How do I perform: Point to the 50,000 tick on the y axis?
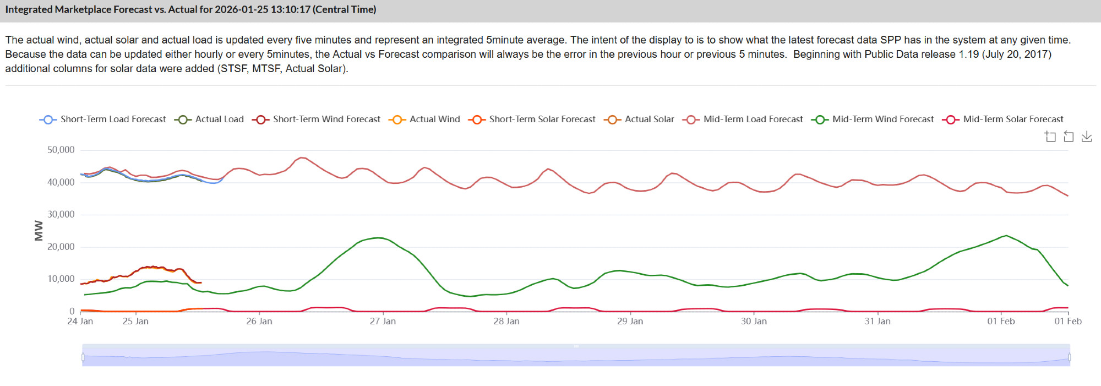(x=61, y=150)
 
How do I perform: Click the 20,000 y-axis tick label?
(x=61, y=247)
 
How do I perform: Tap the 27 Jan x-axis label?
(x=383, y=321)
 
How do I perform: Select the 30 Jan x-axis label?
(x=754, y=321)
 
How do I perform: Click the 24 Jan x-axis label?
(x=80, y=321)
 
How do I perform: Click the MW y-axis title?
(x=39, y=230)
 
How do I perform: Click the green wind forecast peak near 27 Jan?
(x=378, y=237)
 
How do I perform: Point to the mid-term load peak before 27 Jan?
(x=302, y=157)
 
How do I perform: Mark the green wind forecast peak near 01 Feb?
(x=1006, y=236)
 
